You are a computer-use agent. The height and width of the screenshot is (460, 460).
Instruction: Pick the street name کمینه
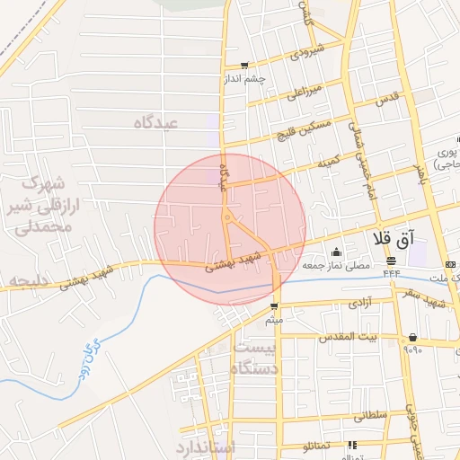click(326, 163)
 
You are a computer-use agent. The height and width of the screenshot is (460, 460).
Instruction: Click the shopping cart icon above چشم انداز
click(244, 65)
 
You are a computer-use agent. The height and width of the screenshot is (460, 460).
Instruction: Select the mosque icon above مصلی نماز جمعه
click(336, 252)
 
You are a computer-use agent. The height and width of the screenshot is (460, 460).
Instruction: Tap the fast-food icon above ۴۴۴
click(393, 260)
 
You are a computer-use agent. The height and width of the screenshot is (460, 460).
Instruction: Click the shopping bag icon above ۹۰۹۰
click(412, 337)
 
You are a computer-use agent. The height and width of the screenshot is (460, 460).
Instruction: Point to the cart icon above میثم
click(272, 306)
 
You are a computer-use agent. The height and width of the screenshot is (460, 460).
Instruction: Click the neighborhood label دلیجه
click(27, 282)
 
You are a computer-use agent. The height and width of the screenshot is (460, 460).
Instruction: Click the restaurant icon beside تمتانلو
click(351, 444)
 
